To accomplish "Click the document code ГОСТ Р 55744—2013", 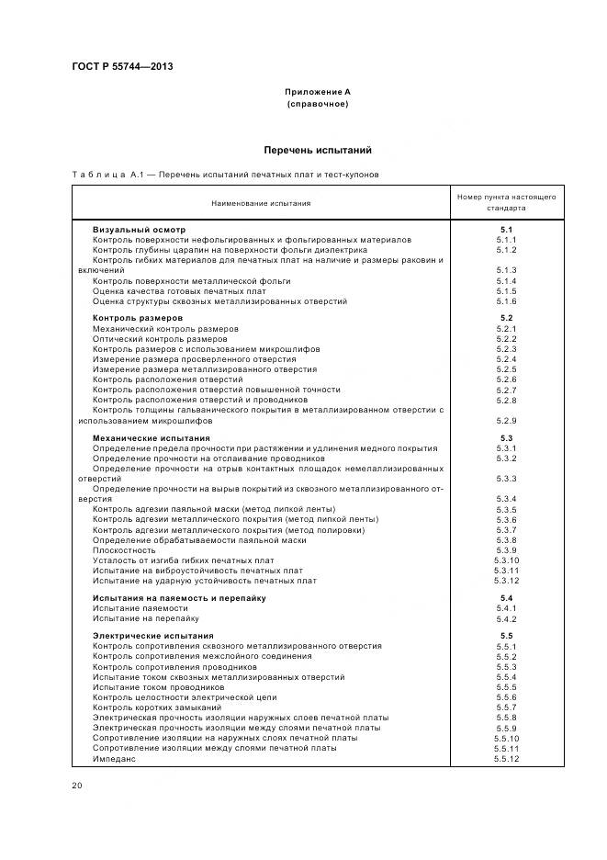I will coord(121,66).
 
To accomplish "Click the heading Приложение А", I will coord(317,92).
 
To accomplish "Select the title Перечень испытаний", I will coord(317,150).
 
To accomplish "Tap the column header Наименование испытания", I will coord(261,203).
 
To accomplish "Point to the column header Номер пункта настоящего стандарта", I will coord(506,202).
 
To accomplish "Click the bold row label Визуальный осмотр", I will coord(139,229).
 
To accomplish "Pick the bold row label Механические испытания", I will coord(151,438).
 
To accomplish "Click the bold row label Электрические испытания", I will coord(152,636).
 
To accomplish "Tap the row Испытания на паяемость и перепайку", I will coord(179,597).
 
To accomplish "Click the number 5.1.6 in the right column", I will coord(506,300).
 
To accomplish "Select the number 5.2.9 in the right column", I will coord(506,420).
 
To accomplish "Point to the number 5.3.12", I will coord(506,581).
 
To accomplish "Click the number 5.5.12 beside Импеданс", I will coord(506,758).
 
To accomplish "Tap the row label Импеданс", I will coord(114,758).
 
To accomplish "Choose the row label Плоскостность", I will coord(124,549).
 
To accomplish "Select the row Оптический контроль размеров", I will coord(160,339).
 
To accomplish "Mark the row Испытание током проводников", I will coord(158,687).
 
